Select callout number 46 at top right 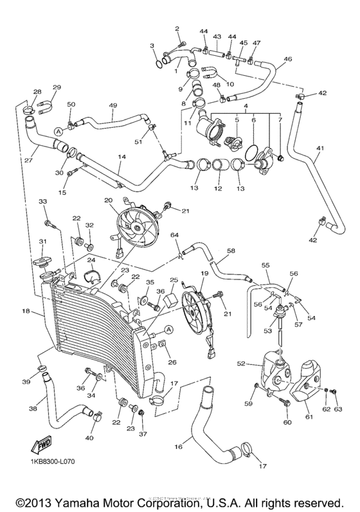[288, 58]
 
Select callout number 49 [113, 105]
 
